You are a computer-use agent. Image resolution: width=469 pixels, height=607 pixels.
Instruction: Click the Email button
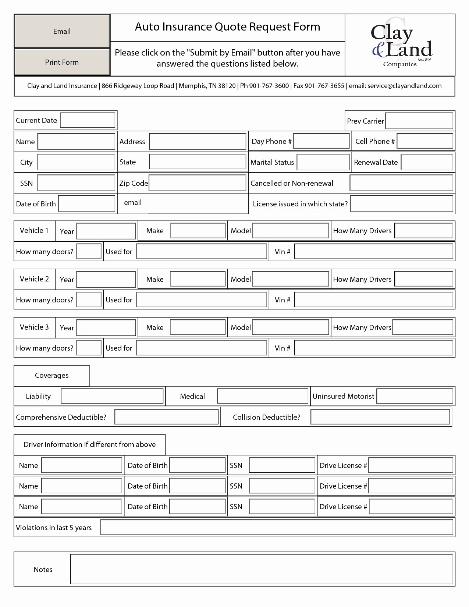coord(62,31)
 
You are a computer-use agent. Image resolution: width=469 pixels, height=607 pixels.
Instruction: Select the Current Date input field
coord(88,120)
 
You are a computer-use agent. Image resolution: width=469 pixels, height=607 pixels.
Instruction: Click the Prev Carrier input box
coord(419,121)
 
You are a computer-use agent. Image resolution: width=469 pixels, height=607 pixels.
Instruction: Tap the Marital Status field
coord(323,162)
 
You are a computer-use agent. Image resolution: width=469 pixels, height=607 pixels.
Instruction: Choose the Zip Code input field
coord(197,183)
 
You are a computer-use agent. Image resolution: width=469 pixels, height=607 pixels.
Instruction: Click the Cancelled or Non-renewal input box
coord(401,183)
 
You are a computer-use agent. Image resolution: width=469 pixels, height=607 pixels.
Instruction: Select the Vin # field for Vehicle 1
coord(373,252)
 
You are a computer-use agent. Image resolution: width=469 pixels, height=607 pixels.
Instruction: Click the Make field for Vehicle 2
coord(198,279)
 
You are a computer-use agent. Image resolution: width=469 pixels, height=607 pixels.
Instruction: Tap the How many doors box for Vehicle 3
coord(89,348)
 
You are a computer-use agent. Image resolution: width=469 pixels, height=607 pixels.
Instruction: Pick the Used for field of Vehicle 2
coord(201,300)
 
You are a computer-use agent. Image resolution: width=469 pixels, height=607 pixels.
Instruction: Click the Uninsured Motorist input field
coord(415,396)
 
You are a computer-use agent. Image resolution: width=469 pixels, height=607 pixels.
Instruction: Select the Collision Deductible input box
coord(380,417)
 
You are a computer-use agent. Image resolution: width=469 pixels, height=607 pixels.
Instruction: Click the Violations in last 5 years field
coord(276,528)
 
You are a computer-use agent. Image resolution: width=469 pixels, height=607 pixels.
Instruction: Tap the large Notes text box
coord(261,569)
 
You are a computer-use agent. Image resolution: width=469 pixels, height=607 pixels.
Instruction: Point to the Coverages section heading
coord(51,376)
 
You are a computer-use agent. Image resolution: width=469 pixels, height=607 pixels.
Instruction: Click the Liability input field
coord(112,396)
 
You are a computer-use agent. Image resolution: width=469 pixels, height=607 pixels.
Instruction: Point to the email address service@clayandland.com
coord(404,86)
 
